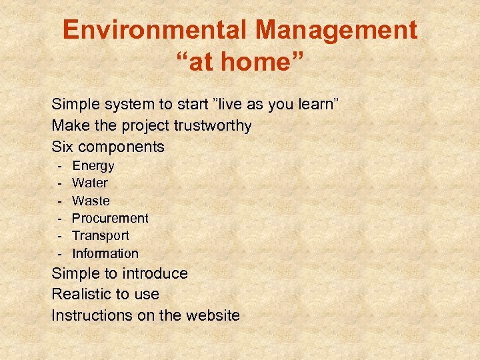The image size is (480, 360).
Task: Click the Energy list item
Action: click(93, 165)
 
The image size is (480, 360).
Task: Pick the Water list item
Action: click(90, 183)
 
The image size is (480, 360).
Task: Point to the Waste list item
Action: click(91, 201)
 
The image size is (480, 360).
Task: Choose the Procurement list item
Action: click(110, 218)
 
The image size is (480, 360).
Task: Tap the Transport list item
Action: click(101, 235)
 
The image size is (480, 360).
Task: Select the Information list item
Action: click(105, 253)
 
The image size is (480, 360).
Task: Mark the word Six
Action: click(62, 146)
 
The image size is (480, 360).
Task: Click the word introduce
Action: click(154, 273)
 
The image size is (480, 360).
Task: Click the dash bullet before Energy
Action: click(59, 165)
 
